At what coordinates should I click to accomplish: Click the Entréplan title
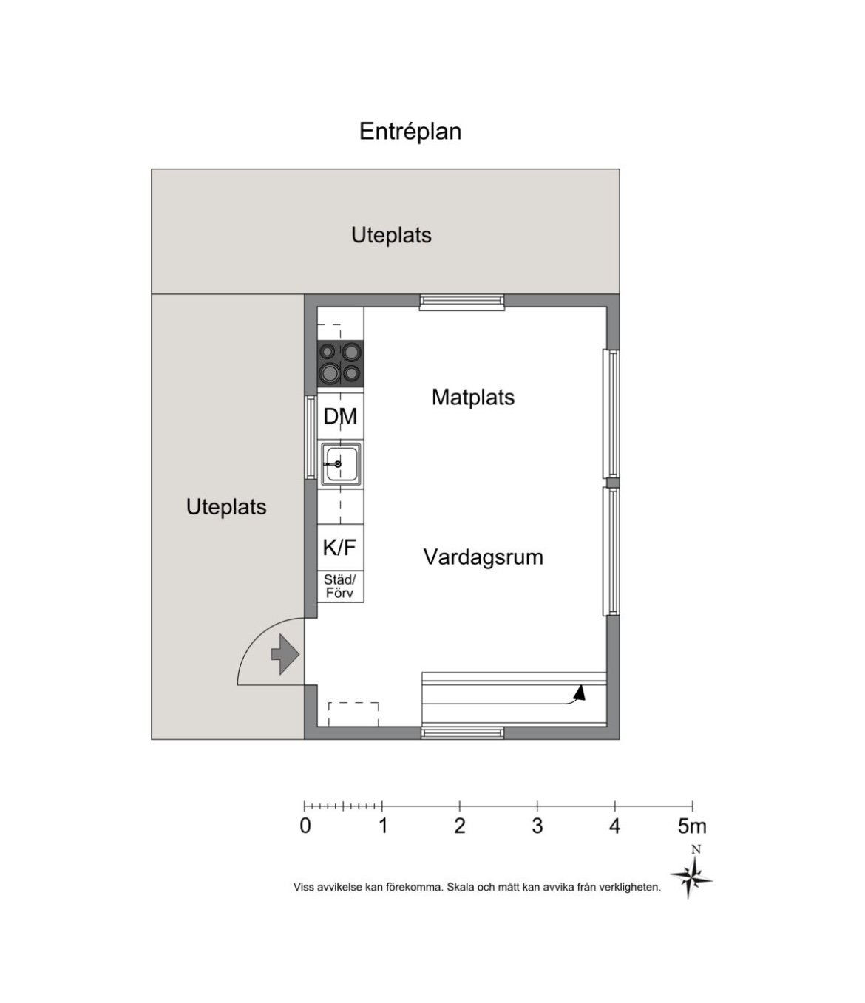[410, 132]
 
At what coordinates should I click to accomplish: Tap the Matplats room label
[472, 398]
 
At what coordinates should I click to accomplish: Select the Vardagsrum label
[483, 557]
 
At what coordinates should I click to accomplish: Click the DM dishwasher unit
[340, 416]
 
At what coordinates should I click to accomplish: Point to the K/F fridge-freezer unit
[340, 547]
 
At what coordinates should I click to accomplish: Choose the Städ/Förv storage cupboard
[340, 587]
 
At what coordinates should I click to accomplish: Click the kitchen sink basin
[340, 464]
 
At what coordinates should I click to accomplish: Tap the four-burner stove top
[340, 364]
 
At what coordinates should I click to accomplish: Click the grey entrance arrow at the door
[285, 654]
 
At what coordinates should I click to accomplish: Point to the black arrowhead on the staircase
[580, 693]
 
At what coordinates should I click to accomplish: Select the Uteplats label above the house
[391, 235]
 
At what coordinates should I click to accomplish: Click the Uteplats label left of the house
[226, 507]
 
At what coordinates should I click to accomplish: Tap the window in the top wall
[461, 302]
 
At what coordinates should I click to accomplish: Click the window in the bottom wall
[462, 733]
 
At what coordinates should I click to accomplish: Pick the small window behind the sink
[311, 438]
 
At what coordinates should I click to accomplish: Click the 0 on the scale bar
[305, 826]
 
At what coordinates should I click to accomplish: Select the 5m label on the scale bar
[692, 826]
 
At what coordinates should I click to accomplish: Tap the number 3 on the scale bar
[537, 826]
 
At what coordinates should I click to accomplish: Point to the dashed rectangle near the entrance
[353, 714]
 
